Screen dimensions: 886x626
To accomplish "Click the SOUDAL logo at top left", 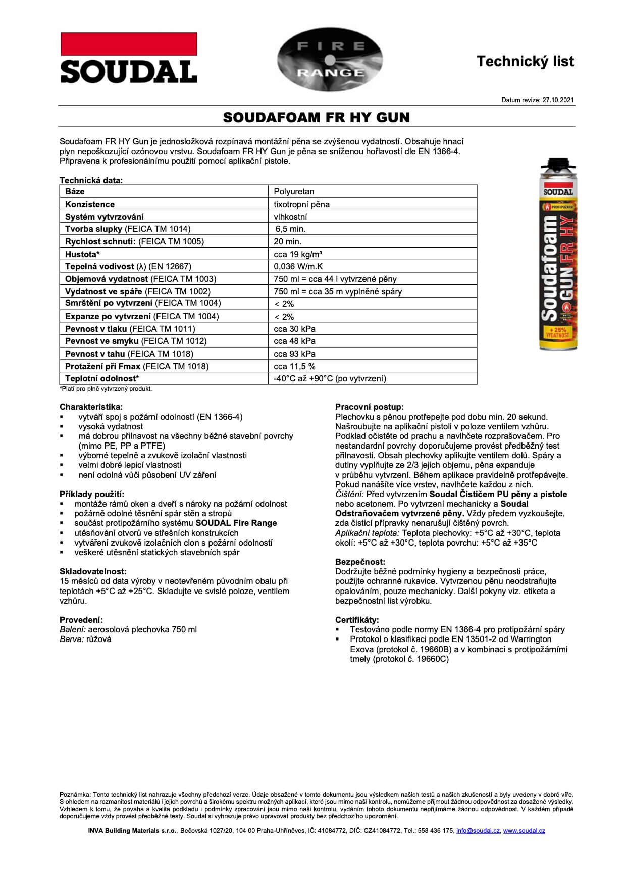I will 129,58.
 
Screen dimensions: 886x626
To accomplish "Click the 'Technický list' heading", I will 525,62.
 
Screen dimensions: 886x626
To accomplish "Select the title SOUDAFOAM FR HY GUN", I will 316,118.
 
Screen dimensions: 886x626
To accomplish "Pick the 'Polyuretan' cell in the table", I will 294,191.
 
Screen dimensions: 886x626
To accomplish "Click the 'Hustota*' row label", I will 82,254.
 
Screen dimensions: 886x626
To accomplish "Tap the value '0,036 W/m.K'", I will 298,266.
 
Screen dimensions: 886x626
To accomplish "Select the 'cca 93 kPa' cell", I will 294,354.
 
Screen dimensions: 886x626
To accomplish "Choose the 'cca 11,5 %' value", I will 294,366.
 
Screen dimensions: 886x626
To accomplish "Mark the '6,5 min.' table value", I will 290,229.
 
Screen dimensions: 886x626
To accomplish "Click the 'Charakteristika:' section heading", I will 91,407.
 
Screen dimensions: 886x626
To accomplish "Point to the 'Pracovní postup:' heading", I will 370,407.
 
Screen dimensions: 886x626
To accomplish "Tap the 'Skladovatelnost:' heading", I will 93,571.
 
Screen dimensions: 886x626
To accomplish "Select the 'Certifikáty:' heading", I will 357,620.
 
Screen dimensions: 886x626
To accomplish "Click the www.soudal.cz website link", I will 524,831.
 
